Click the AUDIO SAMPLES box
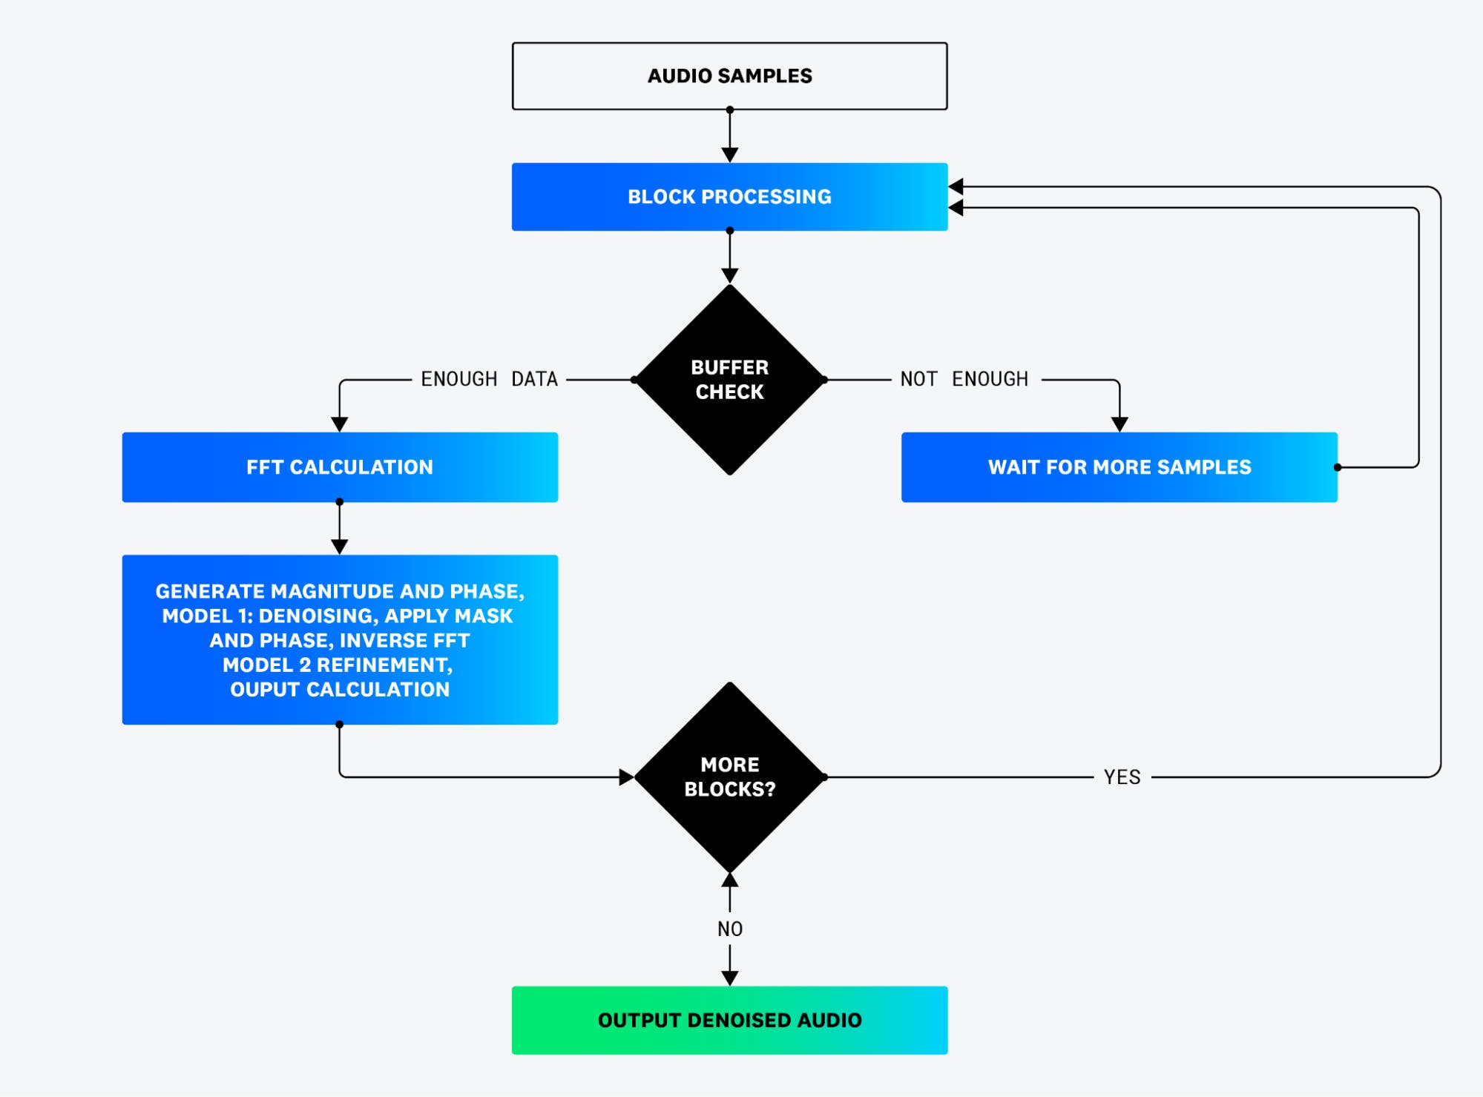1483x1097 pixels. (x=729, y=76)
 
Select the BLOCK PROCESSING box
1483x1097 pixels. (x=729, y=197)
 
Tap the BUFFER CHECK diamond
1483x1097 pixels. (x=729, y=379)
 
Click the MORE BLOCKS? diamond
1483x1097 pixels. (x=729, y=777)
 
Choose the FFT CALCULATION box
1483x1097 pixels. (x=340, y=467)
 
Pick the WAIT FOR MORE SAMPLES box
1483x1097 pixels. (x=1119, y=467)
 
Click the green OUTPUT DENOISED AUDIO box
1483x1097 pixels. (x=729, y=1020)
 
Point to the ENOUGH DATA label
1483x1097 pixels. (x=489, y=379)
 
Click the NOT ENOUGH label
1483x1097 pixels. (x=964, y=379)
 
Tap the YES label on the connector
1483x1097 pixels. (x=1122, y=777)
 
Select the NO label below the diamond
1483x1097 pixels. (x=729, y=929)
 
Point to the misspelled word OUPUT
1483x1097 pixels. (x=265, y=689)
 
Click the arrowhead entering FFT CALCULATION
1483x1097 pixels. (x=340, y=424)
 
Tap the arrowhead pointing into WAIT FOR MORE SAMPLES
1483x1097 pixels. (x=1119, y=424)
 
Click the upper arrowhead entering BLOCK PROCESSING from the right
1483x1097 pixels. (x=956, y=186)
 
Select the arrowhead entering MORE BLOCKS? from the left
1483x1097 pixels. (x=626, y=777)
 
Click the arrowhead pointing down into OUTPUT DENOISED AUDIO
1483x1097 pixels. (x=729, y=978)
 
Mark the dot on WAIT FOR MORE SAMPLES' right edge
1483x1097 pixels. (x=1338, y=467)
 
